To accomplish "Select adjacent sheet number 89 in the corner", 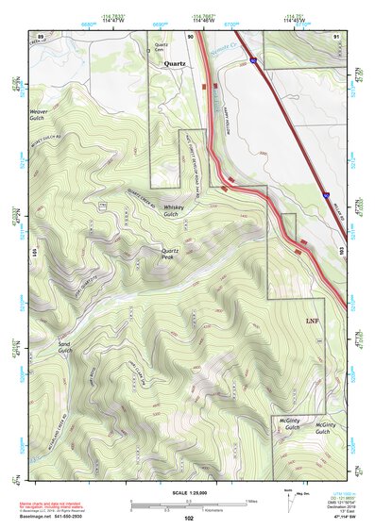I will (x=41, y=34).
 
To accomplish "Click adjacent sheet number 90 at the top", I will (x=191, y=35).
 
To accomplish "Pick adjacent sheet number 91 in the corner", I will (x=337, y=35).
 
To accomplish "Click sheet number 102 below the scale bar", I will (x=189, y=518).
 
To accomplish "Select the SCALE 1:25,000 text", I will (x=188, y=493).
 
